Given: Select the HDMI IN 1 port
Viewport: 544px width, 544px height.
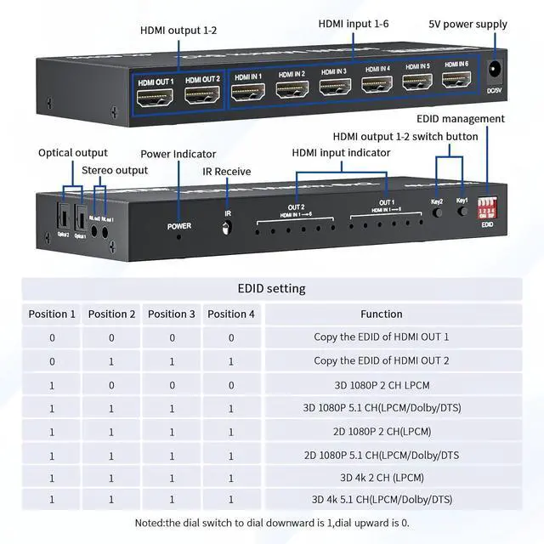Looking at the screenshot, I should (x=248, y=88).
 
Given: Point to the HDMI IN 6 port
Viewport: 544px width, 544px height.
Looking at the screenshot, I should (x=456, y=82).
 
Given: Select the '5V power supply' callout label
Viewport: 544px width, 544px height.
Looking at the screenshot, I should (x=467, y=25).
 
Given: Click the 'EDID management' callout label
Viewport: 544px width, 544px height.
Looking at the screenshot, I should (x=460, y=119).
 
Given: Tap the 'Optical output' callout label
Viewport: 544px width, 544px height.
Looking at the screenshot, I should (x=73, y=153).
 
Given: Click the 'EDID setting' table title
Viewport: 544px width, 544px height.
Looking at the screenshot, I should (x=271, y=288).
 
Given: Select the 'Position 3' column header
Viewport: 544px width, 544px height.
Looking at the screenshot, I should (x=172, y=314).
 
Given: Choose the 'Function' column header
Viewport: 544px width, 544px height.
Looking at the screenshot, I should (x=382, y=314).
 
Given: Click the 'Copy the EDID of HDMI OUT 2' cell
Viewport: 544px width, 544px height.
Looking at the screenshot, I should (x=382, y=360).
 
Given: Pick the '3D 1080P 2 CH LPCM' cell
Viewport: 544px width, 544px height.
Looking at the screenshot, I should (x=382, y=384).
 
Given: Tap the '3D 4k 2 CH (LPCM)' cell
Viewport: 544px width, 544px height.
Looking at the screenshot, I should (x=382, y=477).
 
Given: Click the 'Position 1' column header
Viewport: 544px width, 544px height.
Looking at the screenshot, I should (x=52, y=314).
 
